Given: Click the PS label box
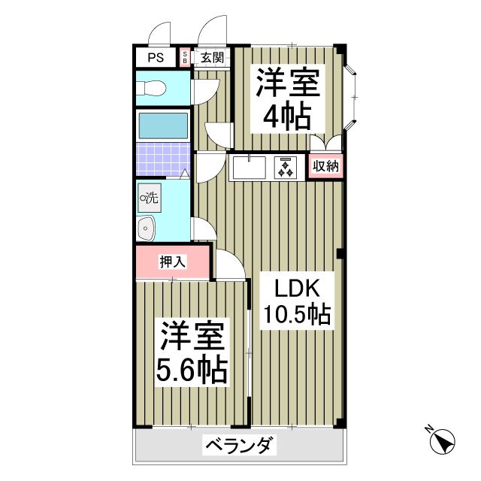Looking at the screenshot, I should (x=156, y=57).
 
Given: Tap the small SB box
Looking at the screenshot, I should (x=186, y=57).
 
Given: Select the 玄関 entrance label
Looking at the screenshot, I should (x=212, y=57).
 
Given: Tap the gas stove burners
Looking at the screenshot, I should (x=286, y=167).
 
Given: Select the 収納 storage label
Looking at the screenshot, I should (x=325, y=166).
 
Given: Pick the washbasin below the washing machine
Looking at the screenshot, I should (x=146, y=228).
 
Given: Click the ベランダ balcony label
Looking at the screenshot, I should (x=240, y=446).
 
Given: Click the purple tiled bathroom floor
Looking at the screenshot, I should (x=162, y=158).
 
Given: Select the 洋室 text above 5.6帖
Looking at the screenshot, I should (x=192, y=337).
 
